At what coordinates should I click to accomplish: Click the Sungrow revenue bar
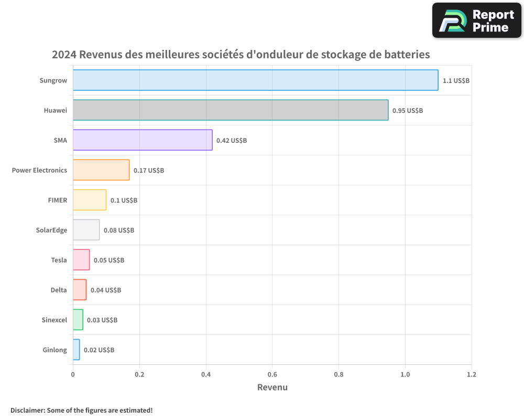point(255,80)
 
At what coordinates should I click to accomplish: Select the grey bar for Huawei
point(231,110)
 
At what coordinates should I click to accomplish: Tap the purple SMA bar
point(143,140)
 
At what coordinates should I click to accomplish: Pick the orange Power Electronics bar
point(101,170)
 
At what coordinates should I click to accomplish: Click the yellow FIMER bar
point(90,200)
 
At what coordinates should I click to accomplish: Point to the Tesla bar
point(81,260)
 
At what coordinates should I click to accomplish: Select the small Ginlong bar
point(77,350)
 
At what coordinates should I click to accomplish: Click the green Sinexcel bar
point(78,320)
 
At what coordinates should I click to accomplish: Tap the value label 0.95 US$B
point(408,111)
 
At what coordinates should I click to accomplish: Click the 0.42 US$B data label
point(232,141)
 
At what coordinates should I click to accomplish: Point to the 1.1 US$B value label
point(456,81)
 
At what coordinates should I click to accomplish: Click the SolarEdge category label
point(51,230)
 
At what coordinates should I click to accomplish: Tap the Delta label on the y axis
point(59,290)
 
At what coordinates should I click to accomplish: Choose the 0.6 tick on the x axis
point(272,375)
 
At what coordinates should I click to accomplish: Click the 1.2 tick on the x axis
point(472,375)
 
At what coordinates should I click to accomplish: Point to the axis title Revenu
point(272,387)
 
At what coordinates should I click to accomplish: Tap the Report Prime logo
point(476,20)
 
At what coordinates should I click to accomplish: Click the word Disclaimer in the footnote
point(27,410)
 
